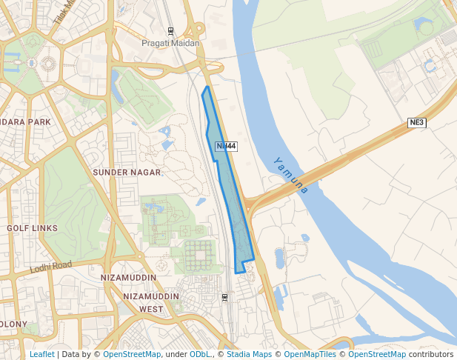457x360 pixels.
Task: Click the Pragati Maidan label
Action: click(171, 43)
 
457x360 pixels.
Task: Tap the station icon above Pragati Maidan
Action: click(171, 31)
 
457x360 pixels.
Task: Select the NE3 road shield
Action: click(418, 122)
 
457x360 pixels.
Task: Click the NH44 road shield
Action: click(226, 147)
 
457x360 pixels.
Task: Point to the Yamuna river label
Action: click(290, 175)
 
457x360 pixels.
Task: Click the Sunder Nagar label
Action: click(127, 172)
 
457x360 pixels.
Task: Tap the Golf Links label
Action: click(32, 228)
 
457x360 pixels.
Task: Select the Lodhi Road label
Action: click(51, 267)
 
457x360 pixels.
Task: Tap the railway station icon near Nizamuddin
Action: click(224, 298)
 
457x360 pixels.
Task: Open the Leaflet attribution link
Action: click(42, 354)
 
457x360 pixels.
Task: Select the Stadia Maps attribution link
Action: click(249, 354)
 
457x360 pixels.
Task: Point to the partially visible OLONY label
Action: click(13, 324)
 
